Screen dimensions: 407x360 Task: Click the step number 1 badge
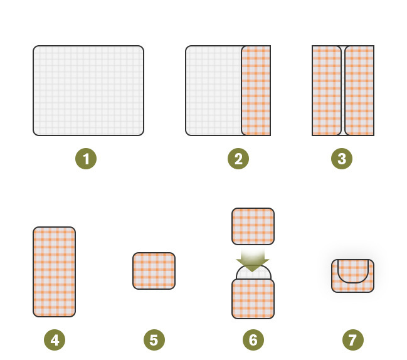pos(86,159)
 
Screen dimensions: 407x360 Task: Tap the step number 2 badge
pos(238,159)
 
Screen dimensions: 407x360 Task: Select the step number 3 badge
pos(342,159)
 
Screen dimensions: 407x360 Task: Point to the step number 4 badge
pos(55,340)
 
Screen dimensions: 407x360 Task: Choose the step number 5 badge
pos(154,340)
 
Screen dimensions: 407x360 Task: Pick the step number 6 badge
pos(253,340)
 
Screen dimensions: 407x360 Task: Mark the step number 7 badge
pos(353,340)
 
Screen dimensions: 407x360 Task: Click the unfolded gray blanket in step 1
pos(88,90)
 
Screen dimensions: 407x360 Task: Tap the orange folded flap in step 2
pos(256,90)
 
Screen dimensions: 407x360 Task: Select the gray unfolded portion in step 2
pos(213,90)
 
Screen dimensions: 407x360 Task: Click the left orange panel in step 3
pos(327,90)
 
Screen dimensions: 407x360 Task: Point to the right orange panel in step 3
pos(359,90)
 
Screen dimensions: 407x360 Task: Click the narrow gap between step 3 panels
pos(343,90)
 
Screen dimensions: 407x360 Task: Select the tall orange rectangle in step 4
pos(55,272)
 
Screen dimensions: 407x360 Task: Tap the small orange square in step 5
pos(154,271)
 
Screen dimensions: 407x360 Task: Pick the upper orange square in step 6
pos(253,226)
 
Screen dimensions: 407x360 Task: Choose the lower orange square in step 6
pos(253,299)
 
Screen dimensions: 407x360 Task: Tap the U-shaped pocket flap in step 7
pos(353,282)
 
